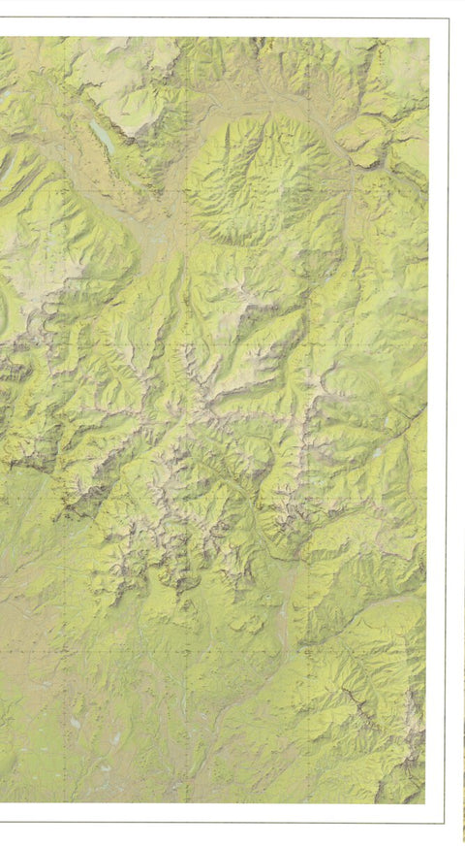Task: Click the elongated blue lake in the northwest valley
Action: click(x=101, y=136)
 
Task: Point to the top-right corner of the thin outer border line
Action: click(x=449, y=18)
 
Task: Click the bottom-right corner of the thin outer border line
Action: click(x=447, y=824)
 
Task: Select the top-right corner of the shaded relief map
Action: click(x=429, y=37)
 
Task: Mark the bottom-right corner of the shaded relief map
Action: click(x=425, y=803)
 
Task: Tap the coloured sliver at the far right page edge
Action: click(x=462, y=776)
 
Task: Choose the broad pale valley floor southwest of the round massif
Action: click(x=155, y=233)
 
